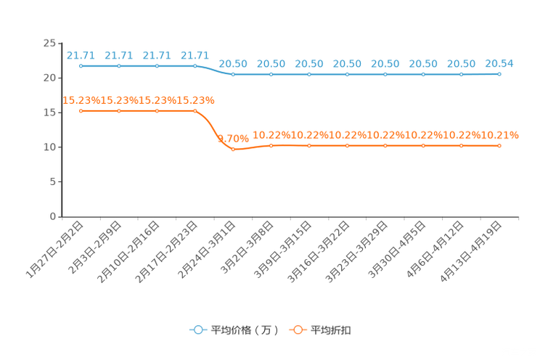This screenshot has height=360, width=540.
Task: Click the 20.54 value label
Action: pyautogui.click(x=499, y=63)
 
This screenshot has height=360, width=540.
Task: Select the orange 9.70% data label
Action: pyautogui.click(x=233, y=139)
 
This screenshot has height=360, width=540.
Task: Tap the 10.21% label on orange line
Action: pyautogui.click(x=499, y=135)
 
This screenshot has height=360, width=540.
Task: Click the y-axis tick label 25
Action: pyautogui.click(x=49, y=43)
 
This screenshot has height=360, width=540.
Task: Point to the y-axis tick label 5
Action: pyautogui.click(x=53, y=181)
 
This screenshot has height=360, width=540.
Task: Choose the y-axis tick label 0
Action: pyautogui.click(x=53, y=216)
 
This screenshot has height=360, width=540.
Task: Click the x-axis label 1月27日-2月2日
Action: pyautogui.click(x=54, y=250)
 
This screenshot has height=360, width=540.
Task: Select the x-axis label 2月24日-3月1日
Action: pyautogui.click(x=207, y=250)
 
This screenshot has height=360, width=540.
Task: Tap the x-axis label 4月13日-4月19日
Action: pyautogui.click(x=471, y=251)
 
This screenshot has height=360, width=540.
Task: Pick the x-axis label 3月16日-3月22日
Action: pyautogui.click(x=319, y=251)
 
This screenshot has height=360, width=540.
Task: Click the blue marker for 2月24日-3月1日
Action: pyautogui.click(x=233, y=75)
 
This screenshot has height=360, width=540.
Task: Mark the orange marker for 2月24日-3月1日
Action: pyautogui.click(x=233, y=150)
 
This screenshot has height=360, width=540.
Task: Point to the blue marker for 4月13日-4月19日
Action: pyautogui.click(x=499, y=74)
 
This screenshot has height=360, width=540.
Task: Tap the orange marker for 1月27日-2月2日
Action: pyautogui.click(x=81, y=111)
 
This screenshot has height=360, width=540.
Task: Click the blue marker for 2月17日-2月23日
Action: pyautogui.click(x=195, y=66)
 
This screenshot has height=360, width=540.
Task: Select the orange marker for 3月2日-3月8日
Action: pyautogui.click(x=271, y=146)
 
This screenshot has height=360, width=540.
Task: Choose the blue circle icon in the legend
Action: pyautogui.click(x=198, y=330)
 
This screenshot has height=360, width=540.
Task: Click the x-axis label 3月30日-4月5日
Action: pyautogui.click(x=397, y=250)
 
